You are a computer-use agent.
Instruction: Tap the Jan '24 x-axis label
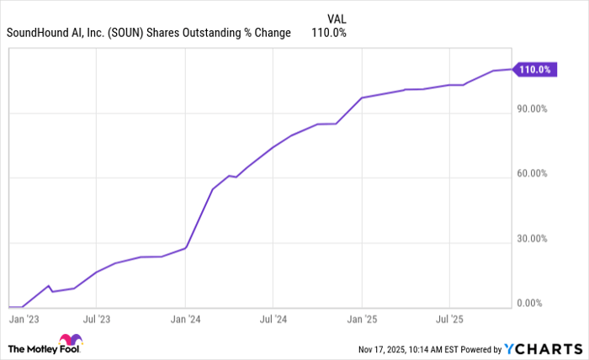tap(186, 320)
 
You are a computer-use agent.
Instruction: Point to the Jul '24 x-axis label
tap(273, 320)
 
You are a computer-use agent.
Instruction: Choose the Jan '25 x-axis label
tap(362, 320)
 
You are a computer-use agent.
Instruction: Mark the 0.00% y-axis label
tap(532, 303)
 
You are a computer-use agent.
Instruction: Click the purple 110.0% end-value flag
tap(534, 70)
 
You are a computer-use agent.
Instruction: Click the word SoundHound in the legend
tap(35, 33)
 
